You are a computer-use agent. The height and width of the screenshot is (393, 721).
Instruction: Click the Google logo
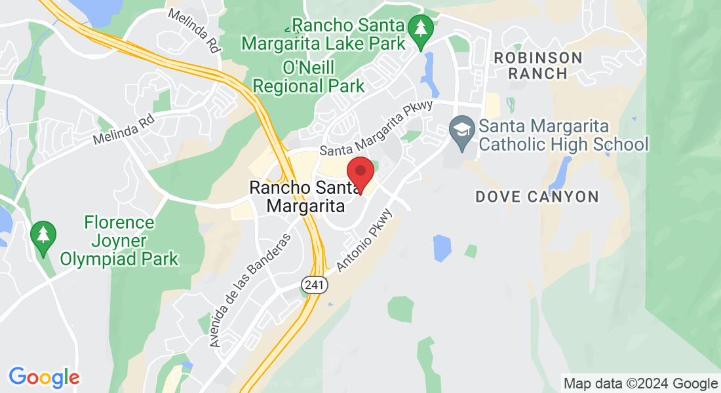tap(44, 377)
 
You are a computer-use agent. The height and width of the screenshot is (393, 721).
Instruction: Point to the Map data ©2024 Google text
tap(641, 383)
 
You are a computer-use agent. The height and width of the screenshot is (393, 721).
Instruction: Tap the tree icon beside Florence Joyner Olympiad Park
tap(43, 234)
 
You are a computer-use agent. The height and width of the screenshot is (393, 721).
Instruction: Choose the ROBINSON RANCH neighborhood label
tap(537, 65)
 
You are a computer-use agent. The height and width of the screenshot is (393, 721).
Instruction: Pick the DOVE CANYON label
tap(537, 196)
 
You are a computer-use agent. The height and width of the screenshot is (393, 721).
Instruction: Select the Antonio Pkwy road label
tap(364, 240)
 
